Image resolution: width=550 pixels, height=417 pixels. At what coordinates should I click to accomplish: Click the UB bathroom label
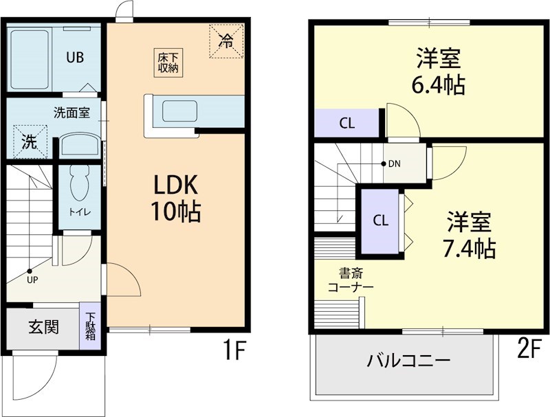pyautogui.click(x=75, y=58)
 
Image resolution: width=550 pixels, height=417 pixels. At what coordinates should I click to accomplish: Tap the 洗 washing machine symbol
pyautogui.click(x=28, y=142)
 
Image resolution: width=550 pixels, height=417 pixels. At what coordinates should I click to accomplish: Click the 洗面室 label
pyautogui.click(x=71, y=112)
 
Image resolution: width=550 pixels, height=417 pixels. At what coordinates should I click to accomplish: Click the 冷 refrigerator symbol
pyautogui.click(x=226, y=40)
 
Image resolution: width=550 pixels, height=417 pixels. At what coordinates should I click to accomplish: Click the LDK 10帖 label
pyautogui.click(x=175, y=198)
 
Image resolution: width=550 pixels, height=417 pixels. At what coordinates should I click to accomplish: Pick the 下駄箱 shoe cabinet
pyautogui.click(x=91, y=326)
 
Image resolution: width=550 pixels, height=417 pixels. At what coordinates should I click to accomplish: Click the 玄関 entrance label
pyautogui.click(x=43, y=327)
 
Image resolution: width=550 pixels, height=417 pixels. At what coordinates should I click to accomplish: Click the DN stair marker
pyautogui.click(x=390, y=164)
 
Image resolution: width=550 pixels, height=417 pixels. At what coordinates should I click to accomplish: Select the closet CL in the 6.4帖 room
pyautogui.click(x=347, y=124)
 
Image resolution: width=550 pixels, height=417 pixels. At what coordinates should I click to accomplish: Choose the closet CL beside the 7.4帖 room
pyautogui.click(x=380, y=221)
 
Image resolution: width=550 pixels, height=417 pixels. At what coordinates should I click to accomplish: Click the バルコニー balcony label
pyautogui.click(x=408, y=360)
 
